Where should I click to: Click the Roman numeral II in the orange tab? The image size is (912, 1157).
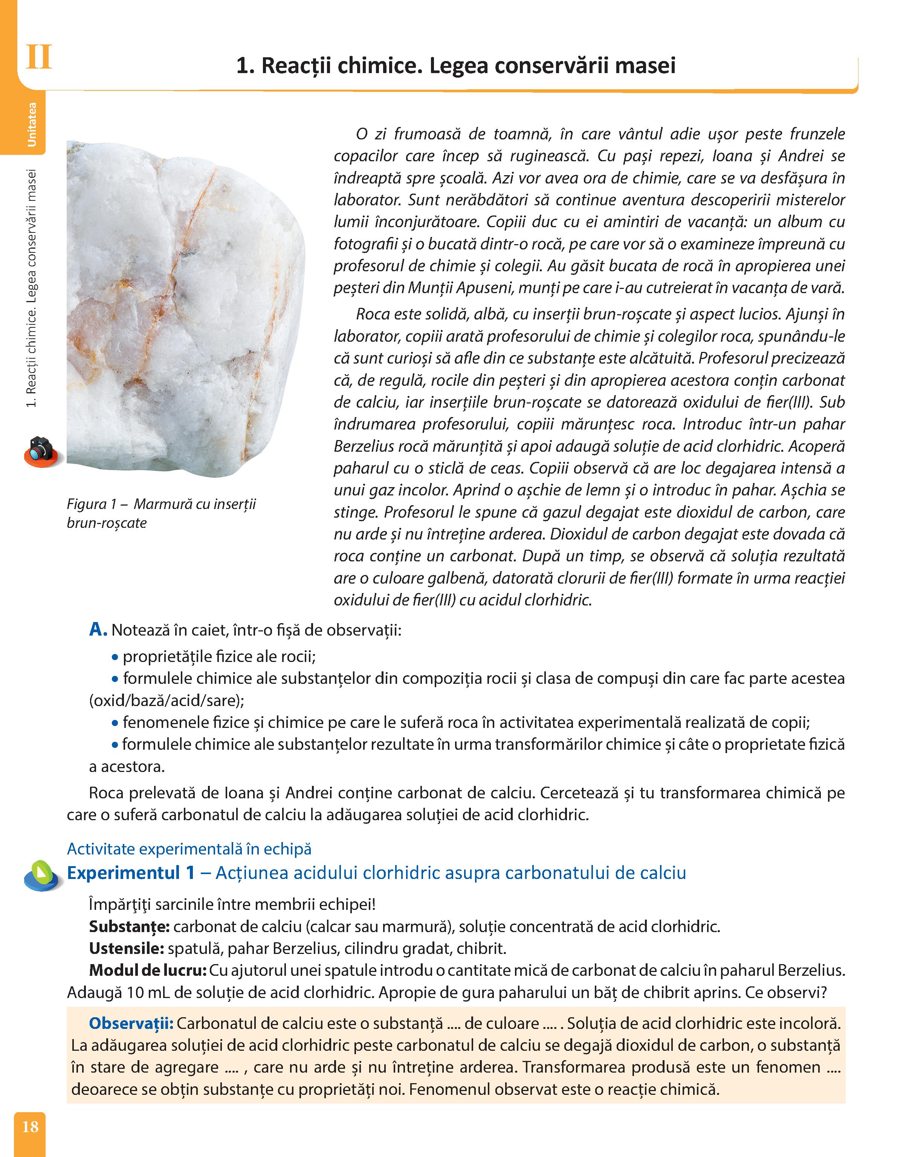click(38, 58)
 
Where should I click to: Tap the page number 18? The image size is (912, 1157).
click(31, 1126)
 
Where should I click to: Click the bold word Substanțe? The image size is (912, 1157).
click(129, 926)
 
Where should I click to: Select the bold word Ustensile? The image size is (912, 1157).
click(126, 948)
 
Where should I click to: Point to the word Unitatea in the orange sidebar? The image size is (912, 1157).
click(32, 124)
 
